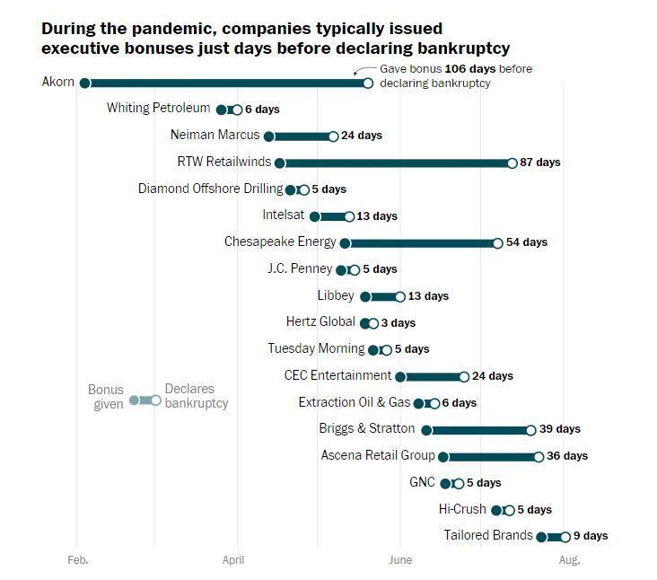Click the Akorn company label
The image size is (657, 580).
pyautogui.click(x=58, y=82)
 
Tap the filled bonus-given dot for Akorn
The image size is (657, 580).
pyautogui.click(x=85, y=83)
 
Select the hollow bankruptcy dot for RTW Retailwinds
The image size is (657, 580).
pyautogui.click(x=512, y=163)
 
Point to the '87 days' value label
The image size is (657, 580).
pyautogui.click(x=540, y=163)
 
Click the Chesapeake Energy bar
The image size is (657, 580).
pyautogui.click(x=421, y=243)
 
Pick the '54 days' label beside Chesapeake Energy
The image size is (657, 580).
pyautogui.click(x=527, y=242)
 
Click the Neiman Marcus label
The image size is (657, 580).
pyautogui.click(x=215, y=135)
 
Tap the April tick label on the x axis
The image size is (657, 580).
pyautogui.click(x=233, y=560)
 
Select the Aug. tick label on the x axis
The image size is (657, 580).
pyautogui.click(x=569, y=560)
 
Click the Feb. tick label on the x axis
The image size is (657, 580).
pyautogui.click(x=79, y=560)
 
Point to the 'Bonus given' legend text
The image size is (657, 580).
pyautogui.click(x=106, y=397)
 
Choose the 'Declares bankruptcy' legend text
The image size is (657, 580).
pyautogui.click(x=196, y=397)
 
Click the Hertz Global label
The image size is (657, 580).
pyautogui.click(x=320, y=321)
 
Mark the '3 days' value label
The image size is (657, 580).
pyautogui.click(x=399, y=323)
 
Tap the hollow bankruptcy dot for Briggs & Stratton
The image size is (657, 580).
pyautogui.click(x=531, y=430)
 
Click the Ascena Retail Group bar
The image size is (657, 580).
pyautogui.click(x=491, y=457)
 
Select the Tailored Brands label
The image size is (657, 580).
pyautogui.click(x=488, y=535)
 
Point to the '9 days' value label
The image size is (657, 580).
pyautogui.click(x=591, y=536)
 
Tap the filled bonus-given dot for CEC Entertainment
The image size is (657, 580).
pyautogui.click(x=400, y=377)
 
